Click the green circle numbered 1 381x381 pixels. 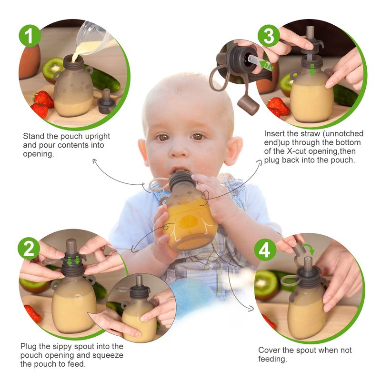tap(30, 35)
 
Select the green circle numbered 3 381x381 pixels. tap(269, 36)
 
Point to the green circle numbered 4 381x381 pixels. tap(265, 250)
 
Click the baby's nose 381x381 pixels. tap(179, 150)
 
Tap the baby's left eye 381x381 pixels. tap(197, 137)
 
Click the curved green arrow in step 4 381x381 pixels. tap(308, 250)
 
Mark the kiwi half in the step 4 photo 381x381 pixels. tap(267, 285)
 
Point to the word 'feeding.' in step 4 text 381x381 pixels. tap(272, 359)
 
